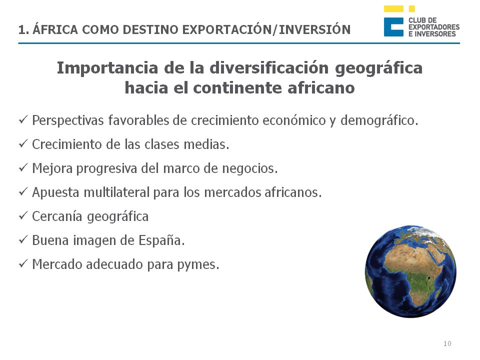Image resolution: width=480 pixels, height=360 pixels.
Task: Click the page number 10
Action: (447, 343)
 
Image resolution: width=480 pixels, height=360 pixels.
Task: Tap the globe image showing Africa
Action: (410, 271)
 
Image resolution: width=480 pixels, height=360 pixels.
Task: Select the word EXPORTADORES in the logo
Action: (433, 27)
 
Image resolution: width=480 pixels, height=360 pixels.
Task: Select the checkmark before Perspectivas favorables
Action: (23, 120)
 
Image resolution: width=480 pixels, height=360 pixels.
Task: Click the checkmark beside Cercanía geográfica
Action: (23, 216)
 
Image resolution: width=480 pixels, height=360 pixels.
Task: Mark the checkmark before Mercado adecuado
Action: (23, 264)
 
